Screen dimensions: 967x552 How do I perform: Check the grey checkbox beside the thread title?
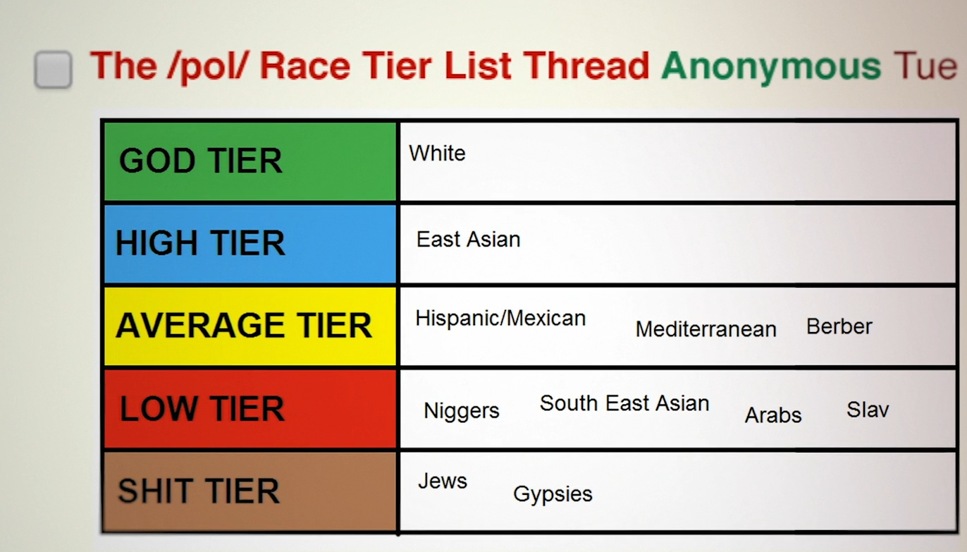click(53, 69)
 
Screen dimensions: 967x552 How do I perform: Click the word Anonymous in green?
click(771, 68)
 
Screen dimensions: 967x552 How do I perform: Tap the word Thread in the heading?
click(586, 66)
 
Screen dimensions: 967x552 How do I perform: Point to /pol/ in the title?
click(209, 67)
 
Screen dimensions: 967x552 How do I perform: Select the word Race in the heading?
click(304, 66)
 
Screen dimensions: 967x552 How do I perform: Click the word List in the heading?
click(478, 66)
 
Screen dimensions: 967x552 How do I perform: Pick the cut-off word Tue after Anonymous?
click(925, 66)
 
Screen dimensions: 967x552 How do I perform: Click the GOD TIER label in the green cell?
click(200, 160)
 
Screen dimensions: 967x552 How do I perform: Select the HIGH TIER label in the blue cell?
click(200, 243)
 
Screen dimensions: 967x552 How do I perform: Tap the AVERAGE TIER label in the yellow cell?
click(243, 325)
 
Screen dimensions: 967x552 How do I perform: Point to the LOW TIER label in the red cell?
click(202, 408)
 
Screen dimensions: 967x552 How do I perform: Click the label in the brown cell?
click(199, 491)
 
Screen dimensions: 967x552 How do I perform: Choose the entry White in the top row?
click(437, 154)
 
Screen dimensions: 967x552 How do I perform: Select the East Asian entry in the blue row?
click(469, 239)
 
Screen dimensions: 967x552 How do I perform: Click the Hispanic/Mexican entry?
click(500, 319)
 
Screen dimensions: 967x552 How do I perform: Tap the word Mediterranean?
click(706, 329)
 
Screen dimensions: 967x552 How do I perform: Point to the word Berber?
click(839, 326)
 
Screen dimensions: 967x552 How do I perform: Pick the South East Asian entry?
click(624, 403)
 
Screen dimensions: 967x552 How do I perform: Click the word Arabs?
click(773, 415)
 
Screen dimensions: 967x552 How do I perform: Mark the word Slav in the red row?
click(868, 410)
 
